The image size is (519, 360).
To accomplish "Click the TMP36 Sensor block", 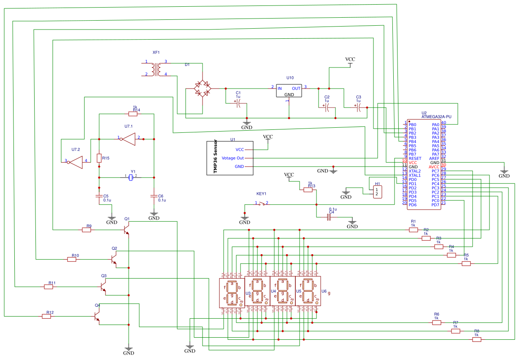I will (230, 158).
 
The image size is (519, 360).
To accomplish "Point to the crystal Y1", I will (131, 178).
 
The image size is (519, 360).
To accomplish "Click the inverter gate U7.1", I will (129, 139).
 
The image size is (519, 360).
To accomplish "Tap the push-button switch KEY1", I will (262, 204).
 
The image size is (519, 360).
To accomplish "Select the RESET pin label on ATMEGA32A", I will (415, 159).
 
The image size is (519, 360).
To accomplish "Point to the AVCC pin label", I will (434, 167).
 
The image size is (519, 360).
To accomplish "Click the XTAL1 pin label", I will (414, 175).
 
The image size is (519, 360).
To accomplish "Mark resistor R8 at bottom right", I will (477, 339).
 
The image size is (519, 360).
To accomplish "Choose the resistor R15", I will (99, 158).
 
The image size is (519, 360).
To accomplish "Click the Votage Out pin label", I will (233, 158).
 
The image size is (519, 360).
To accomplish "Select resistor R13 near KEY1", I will (308, 190).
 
